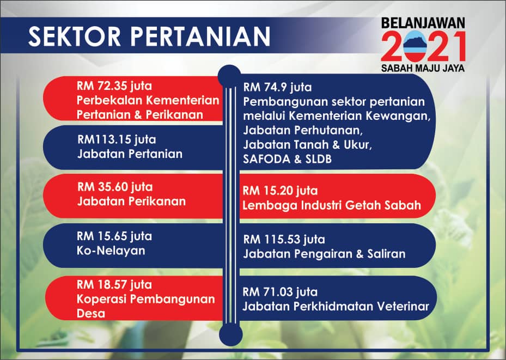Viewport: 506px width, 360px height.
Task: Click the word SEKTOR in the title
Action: [x=75, y=36]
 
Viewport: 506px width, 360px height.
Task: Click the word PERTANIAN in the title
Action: [x=200, y=36]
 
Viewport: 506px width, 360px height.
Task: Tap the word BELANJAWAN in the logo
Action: [x=423, y=23]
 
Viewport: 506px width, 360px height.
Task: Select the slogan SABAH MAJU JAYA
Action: [x=423, y=68]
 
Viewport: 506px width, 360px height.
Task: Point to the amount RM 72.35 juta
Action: [x=114, y=86]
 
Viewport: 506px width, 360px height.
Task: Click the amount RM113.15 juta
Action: [x=117, y=139]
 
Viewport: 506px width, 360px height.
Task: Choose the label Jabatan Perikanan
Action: [x=132, y=202]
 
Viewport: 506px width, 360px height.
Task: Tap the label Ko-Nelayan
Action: [x=111, y=251]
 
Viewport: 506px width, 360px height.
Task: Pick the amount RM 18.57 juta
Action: [x=114, y=285]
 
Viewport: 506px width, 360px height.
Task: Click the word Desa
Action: [x=90, y=313]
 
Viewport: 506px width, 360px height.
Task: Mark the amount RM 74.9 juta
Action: [x=278, y=88]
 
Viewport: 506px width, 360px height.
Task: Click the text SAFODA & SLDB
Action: [x=287, y=158]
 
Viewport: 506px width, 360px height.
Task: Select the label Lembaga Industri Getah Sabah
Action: [x=332, y=205]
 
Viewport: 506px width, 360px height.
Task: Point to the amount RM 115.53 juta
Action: [x=284, y=240]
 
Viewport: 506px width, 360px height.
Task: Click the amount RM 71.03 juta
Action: [x=280, y=292]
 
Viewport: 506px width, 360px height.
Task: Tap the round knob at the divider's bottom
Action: [x=231, y=334]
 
